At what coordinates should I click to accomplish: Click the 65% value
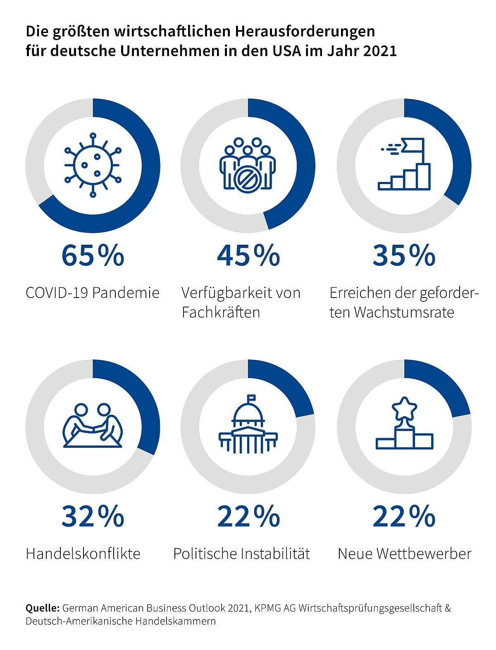93,255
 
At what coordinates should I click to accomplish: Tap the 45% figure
248,255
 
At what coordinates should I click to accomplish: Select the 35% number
404,255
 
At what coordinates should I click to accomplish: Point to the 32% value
93,516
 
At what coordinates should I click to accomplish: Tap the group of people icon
247,164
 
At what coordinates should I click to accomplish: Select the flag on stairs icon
404,164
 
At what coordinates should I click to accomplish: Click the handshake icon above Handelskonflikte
93,425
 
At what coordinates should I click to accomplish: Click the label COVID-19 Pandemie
93,293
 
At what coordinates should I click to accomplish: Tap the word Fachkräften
221,312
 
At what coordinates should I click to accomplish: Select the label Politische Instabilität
241,553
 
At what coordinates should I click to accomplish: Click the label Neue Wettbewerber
404,553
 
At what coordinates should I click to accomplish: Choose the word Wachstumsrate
404,312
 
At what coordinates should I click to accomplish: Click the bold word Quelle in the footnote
42,608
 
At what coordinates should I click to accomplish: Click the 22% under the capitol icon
248,516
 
